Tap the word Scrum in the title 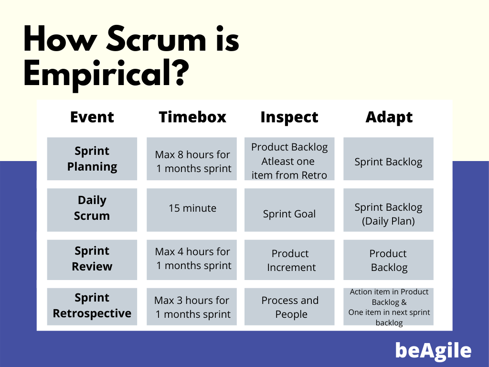(x=149, y=41)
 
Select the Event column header (x=92, y=117)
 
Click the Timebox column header (x=192, y=117)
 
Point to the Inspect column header (x=289, y=117)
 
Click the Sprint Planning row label (x=92, y=159)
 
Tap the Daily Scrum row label (x=92, y=208)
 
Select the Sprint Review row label (x=92, y=259)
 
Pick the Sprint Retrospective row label (x=92, y=306)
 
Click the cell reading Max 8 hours (x=192, y=162)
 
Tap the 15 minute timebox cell (x=192, y=208)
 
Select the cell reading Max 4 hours (x=192, y=259)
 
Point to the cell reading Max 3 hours (x=192, y=307)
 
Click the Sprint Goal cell (x=289, y=214)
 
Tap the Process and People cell (x=290, y=307)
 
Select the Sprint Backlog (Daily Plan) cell (x=388, y=214)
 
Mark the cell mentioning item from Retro (x=289, y=161)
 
